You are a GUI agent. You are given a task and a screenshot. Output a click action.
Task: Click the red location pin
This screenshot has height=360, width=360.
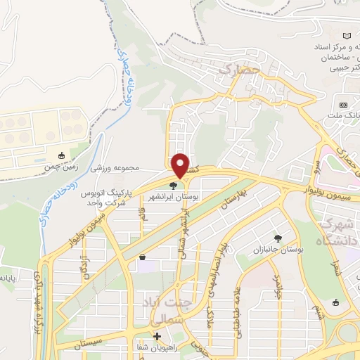pos(181,165)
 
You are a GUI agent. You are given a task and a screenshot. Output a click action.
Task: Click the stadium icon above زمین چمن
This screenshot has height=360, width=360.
pos(62,155)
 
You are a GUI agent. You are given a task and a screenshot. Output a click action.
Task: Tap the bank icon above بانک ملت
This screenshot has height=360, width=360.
pos(344,97)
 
